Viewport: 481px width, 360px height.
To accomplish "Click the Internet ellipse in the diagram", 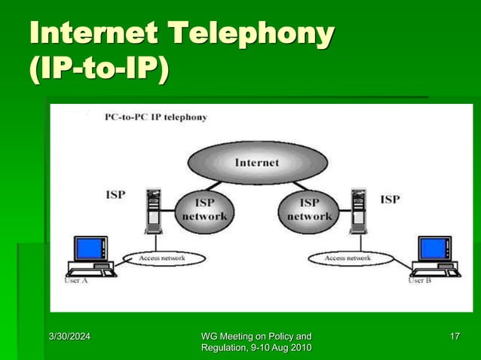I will pyautogui.click(x=256, y=162).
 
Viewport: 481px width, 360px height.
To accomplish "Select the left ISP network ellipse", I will pyautogui.click(x=201, y=209).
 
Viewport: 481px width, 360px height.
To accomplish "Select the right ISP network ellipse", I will pyautogui.click(x=309, y=209).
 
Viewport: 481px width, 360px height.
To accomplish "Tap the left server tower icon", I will pyautogui.click(x=154, y=212).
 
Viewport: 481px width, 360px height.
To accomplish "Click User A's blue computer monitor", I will pyautogui.click(x=90, y=248).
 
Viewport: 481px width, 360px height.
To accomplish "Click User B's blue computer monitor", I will pyautogui.click(x=435, y=248).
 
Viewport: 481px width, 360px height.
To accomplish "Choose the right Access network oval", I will pyautogui.click(x=348, y=258).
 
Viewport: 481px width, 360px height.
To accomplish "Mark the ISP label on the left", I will pyautogui.click(x=115, y=194).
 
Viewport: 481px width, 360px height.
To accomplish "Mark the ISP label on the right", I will pyautogui.click(x=390, y=199).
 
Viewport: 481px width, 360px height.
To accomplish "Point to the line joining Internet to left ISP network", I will pyautogui.click(x=211, y=185).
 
